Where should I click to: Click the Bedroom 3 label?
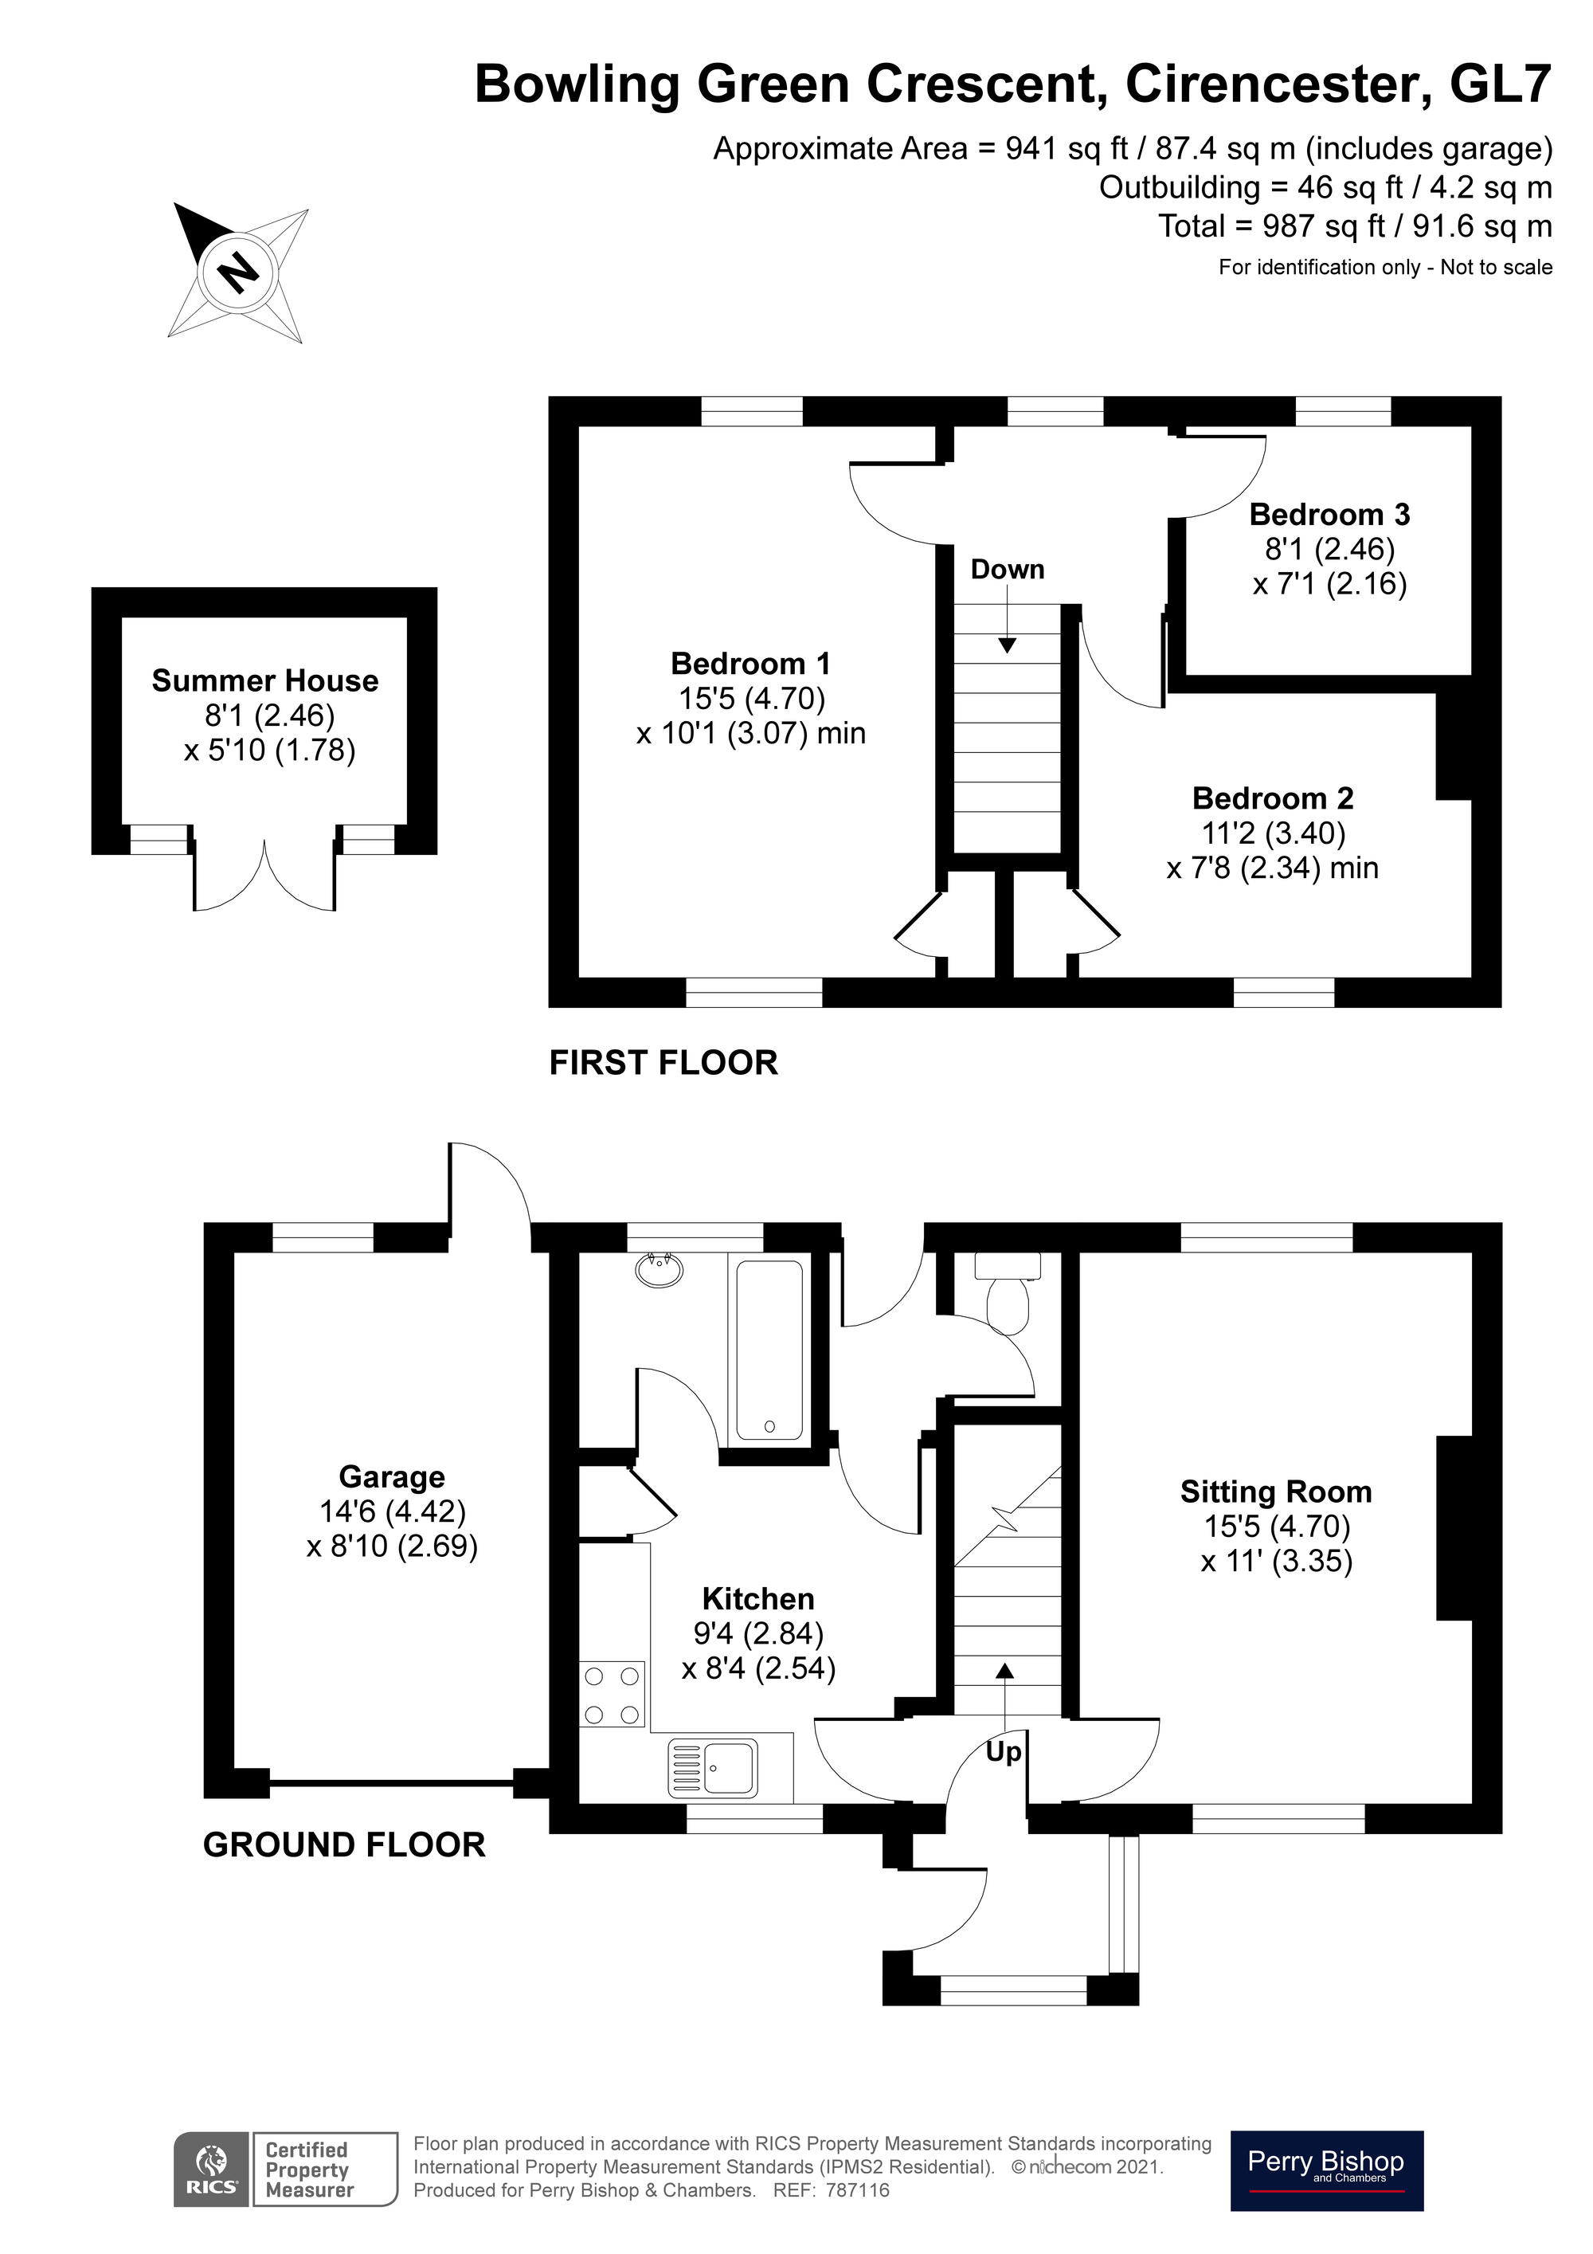(x=1329, y=515)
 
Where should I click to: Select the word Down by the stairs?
(x=1007, y=570)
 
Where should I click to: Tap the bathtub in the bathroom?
(x=769, y=1350)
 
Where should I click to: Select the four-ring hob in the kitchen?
(x=613, y=1695)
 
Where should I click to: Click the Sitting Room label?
(x=1276, y=1492)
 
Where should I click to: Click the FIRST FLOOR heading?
(x=663, y=1062)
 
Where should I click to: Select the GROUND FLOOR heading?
(x=343, y=1844)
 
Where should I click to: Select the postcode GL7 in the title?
(x=1499, y=84)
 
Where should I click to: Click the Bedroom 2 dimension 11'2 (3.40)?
(x=1273, y=833)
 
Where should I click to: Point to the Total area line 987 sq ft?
(x=1355, y=227)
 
